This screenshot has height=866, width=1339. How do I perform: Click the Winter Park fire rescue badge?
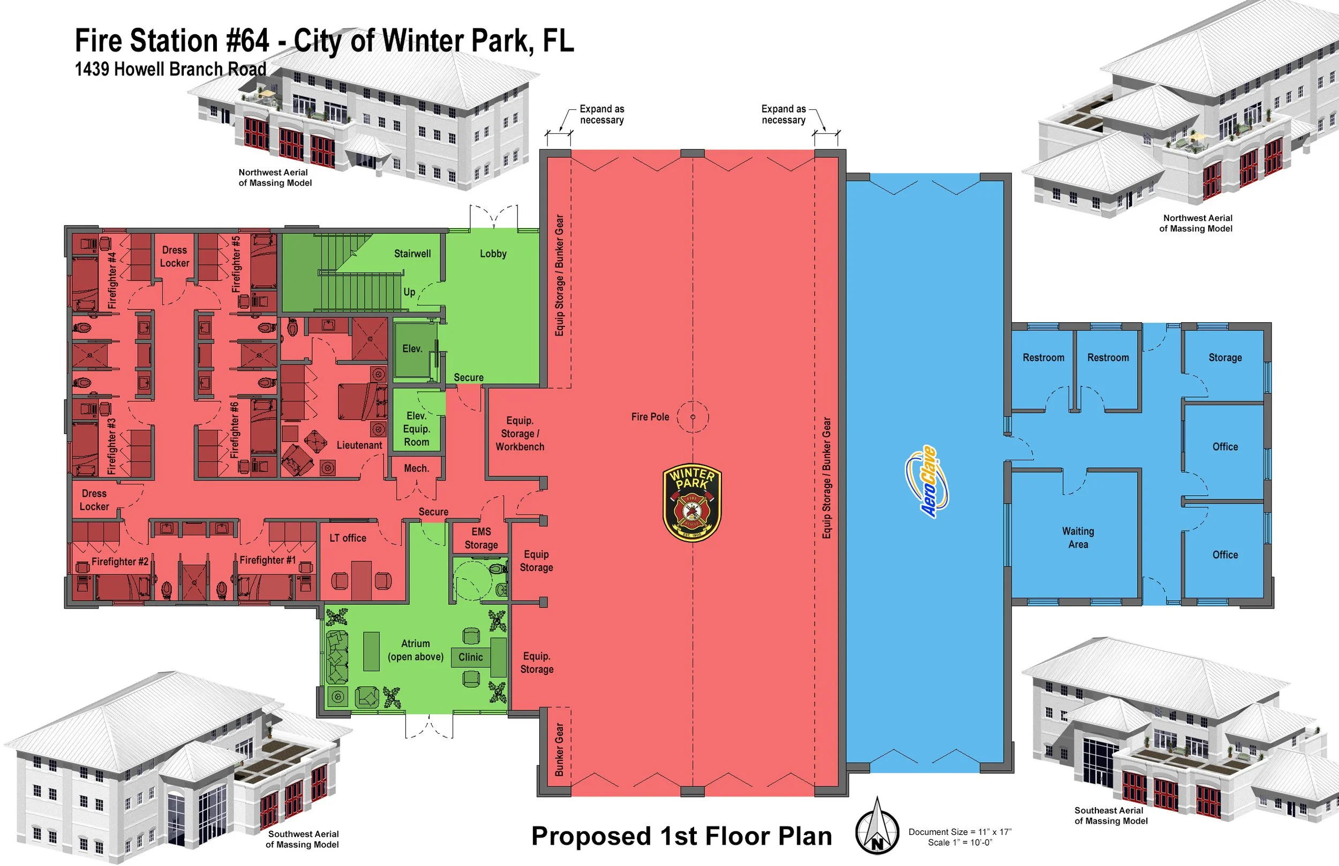[692, 503]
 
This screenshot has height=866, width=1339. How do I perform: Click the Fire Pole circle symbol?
[693, 417]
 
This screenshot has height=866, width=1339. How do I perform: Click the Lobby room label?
[493, 254]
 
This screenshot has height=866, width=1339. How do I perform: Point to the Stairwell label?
[412, 254]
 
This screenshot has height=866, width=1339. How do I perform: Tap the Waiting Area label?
[1078, 537]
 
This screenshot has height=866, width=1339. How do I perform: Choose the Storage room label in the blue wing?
[1225, 358]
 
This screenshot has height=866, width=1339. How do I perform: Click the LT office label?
[347, 538]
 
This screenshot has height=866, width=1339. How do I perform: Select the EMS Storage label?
[481, 538]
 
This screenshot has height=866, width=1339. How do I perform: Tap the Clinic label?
[470, 657]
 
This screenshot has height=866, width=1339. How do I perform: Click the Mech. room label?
[416, 468]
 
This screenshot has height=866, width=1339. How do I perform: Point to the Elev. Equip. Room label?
[416, 429]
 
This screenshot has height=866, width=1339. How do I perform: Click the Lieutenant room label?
[359, 445]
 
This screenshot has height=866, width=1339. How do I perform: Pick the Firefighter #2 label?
[120, 561]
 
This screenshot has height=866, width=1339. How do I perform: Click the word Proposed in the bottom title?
[591, 836]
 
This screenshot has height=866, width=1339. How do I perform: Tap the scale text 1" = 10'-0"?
[959, 842]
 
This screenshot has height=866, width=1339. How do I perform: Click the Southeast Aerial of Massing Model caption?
[1110, 815]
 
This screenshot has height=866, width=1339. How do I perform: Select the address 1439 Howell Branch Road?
[170, 69]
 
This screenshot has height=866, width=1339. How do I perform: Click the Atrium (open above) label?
[415, 650]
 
